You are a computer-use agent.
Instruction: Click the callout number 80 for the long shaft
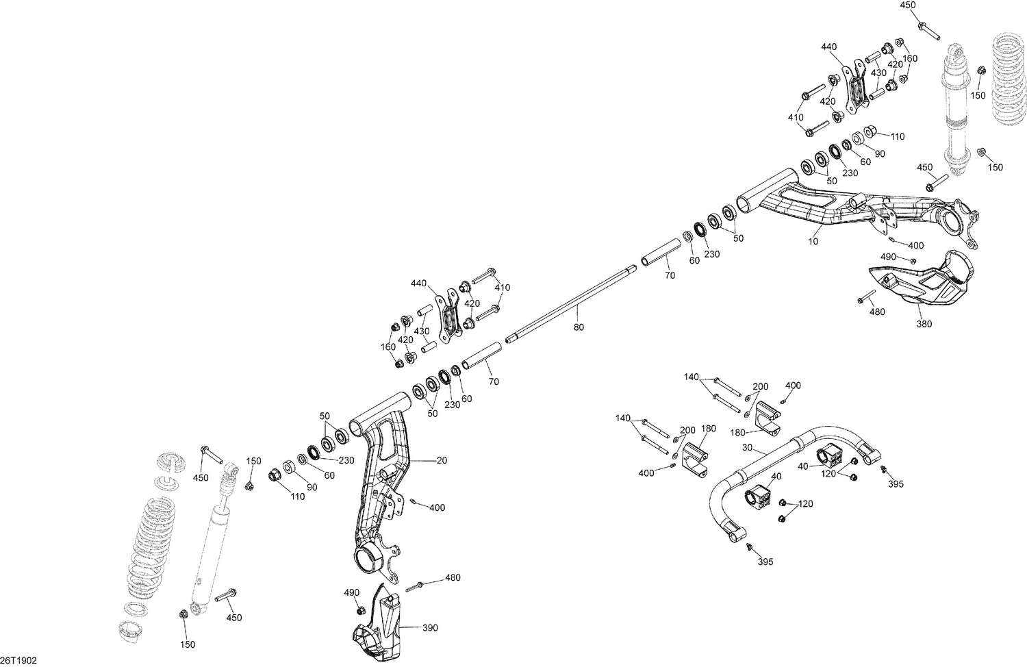(x=579, y=328)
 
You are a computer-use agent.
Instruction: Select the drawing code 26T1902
(x=18, y=660)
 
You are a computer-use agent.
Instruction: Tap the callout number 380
(x=923, y=324)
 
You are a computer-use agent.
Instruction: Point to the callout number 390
(x=430, y=627)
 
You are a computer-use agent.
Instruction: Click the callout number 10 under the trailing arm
(x=813, y=242)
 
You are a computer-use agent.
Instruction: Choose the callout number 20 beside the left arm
(x=442, y=461)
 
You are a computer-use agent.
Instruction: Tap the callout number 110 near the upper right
(x=896, y=136)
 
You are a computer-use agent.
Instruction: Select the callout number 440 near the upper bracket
(x=828, y=47)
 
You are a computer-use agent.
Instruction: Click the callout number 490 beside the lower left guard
(x=351, y=592)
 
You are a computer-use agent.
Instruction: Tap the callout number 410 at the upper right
(x=795, y=117)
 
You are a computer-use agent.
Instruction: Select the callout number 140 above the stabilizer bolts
(x=692, y=377)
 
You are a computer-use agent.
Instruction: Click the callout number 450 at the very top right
(x=907, y=5)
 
